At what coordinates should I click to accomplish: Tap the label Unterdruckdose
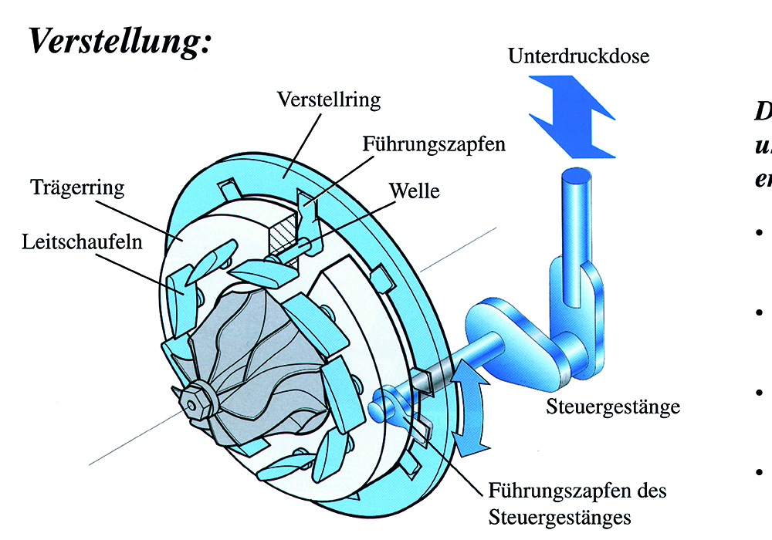(579, 56)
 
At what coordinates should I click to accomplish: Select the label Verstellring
(329, 100)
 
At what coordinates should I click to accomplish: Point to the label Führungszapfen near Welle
(433, 143)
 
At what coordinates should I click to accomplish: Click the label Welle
(415, 190)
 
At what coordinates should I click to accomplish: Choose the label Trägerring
(77, 187)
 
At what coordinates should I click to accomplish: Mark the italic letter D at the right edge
(763, 110)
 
